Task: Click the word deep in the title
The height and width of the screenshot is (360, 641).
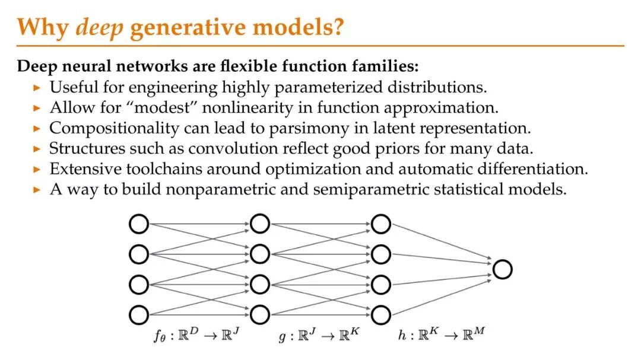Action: [x=100, y=28]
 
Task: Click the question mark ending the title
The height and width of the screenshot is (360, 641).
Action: [x=337, y=28]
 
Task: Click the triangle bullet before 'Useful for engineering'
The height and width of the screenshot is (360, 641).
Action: [x=37, y=88]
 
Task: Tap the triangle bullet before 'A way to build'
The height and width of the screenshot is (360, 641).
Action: [x=37, y=190]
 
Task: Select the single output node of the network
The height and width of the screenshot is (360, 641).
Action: [x=502, y=269]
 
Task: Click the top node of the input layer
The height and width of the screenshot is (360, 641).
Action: [x=139, y=224]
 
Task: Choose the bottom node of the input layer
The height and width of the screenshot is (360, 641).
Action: [x=139, y=314]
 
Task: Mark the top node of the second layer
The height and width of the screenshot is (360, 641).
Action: [x=260, y=224]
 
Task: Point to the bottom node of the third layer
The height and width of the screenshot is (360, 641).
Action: [x=381, y=314]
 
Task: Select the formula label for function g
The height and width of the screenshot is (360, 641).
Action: [x=318, y=336]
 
